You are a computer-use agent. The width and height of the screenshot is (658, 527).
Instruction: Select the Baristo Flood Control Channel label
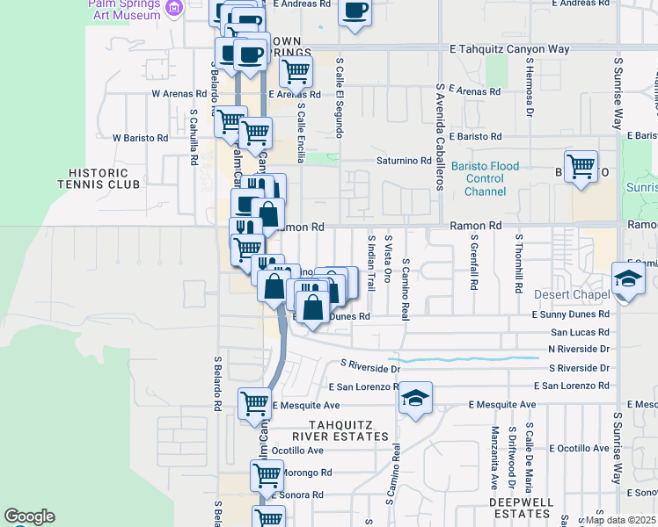coord(485,178)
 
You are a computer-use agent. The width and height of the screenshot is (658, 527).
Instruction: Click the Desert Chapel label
coord(571,294)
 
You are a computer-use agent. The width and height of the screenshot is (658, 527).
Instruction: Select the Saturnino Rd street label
coord(402,161)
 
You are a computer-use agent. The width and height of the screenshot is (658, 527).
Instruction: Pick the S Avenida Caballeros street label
coord(437,137)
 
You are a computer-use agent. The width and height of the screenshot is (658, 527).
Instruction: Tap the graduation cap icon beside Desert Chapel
coord(628,279)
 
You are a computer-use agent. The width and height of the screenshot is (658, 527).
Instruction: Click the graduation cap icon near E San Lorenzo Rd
coord(415,399)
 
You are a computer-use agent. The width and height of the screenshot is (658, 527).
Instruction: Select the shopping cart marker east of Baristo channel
coord(581,165)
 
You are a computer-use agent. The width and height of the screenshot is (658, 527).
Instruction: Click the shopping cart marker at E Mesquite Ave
coord(254,403)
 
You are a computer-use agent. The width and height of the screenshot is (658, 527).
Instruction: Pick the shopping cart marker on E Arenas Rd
coord(296,70)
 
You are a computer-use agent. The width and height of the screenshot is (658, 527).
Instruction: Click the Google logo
coord(29,516)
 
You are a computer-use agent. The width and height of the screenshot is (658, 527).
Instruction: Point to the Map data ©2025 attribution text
coord(620,520)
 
